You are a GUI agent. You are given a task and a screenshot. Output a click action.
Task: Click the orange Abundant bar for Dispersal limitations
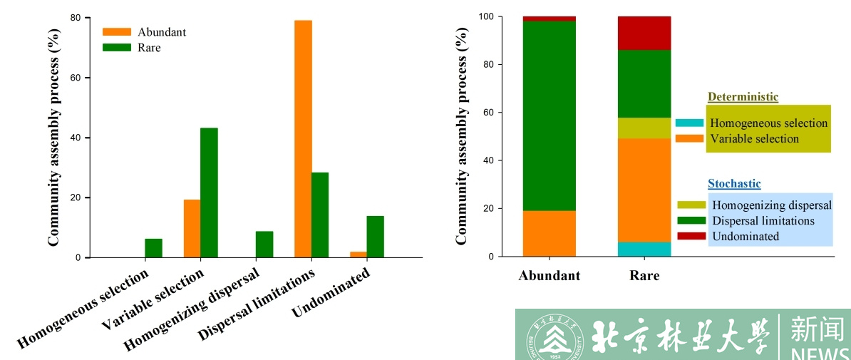[x=303, y=139]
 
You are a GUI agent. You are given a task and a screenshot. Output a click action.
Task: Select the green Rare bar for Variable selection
[x=209, y=192]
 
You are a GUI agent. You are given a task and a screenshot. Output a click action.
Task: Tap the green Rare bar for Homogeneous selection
[x=153, y=248]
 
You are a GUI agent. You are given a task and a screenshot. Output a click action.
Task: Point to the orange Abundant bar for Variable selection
[x=192, y=228]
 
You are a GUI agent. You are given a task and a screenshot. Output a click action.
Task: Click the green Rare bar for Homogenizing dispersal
[x=264, y=245]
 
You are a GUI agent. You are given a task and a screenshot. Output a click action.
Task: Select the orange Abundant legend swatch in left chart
[x=117, y=32]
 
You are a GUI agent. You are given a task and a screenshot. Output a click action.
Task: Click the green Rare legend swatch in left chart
[x=117, y=48]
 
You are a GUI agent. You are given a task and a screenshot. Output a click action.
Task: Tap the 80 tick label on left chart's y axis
[x=73, y=18]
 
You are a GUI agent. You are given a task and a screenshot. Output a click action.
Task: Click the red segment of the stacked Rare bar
[x=644, y=33]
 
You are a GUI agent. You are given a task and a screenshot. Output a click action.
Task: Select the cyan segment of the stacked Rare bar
[x=644, y=249]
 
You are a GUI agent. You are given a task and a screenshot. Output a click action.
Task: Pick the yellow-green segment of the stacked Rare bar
[x=644, y=128]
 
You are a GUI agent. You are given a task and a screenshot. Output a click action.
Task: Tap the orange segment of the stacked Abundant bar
[x=550, y=233]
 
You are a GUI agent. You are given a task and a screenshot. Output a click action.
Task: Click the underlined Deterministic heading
[x=743, y=97]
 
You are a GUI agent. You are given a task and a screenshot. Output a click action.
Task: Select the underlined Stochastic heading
[x=734, y=184]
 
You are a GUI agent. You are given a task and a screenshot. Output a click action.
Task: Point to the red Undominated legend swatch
[x=691, y=236]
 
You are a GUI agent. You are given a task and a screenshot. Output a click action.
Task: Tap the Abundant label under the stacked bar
[x=550, y=276]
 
